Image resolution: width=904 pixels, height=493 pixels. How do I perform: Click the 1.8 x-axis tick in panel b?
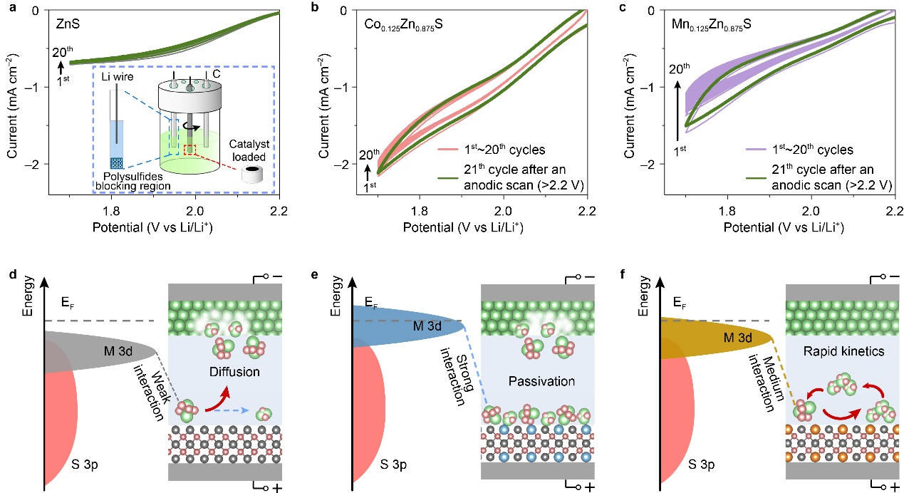click(420, 211)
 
